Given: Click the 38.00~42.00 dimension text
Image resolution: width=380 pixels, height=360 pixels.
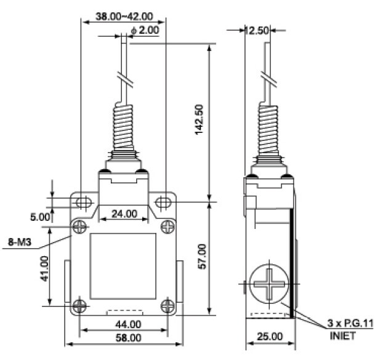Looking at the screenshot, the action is click(x=124, y=16).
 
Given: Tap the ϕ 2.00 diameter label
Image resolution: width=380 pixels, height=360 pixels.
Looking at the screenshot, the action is click(x=145, y=31).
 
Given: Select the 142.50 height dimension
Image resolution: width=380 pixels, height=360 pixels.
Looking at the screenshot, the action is click(x=199, y=119).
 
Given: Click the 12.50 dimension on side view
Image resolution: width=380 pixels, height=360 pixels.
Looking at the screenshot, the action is click(x=257, y=31).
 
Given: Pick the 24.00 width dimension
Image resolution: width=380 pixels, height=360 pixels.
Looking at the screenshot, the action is click(x=124, y=214).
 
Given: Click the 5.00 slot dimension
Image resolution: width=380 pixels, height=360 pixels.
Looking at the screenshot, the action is click(x=40, y=217).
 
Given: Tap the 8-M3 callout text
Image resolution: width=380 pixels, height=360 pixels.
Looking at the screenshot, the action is click(x=20, y=242).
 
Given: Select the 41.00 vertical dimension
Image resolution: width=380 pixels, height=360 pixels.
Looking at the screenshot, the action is click(x=45, y=268).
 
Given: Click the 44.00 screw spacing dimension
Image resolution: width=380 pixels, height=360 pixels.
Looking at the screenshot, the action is click(x=128, y=324).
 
